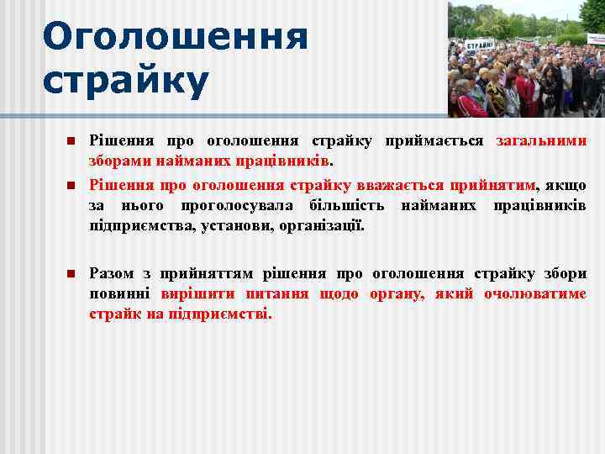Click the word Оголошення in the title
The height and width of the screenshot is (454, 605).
point(175,38)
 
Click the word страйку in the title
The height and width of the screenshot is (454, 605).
point(125,82)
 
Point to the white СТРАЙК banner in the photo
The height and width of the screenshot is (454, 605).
point(480,44)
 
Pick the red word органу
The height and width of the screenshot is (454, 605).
point(403,294)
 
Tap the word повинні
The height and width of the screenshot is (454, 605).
point(120,294)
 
